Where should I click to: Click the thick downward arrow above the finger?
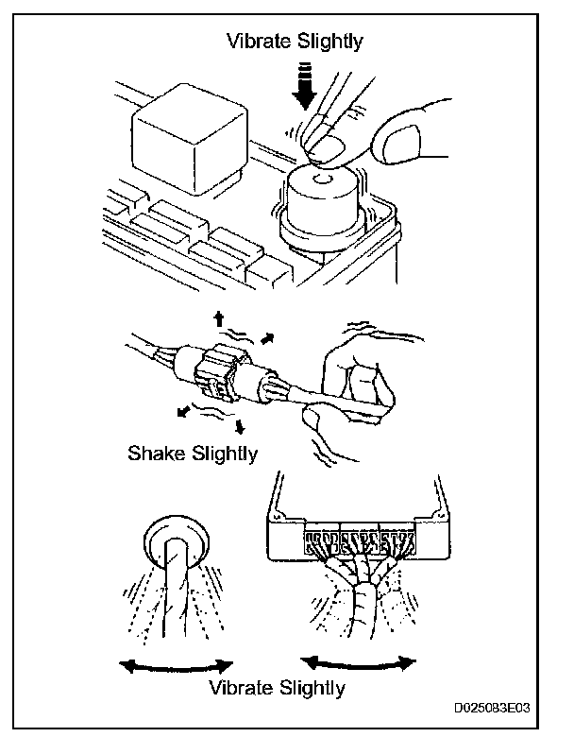(x=303, y=87)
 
